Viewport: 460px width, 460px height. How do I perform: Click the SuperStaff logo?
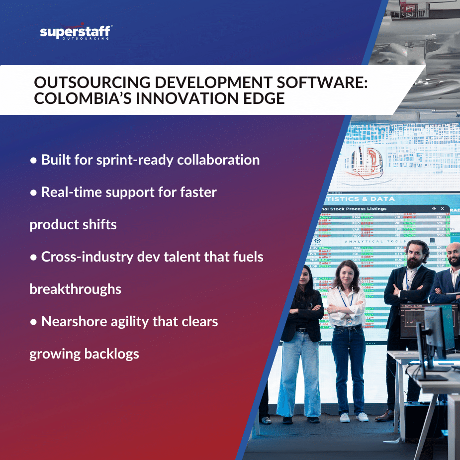[76, 33]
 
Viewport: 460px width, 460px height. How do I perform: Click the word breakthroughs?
[76, 289]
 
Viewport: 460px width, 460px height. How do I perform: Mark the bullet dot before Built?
[33, 160]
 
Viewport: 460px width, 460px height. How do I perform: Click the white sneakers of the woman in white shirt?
[354, 417]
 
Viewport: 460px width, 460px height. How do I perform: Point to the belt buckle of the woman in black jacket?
[301, 330]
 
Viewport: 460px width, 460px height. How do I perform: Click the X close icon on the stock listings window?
[442, 209]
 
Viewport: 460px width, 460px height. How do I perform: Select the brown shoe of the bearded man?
[385, 415]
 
